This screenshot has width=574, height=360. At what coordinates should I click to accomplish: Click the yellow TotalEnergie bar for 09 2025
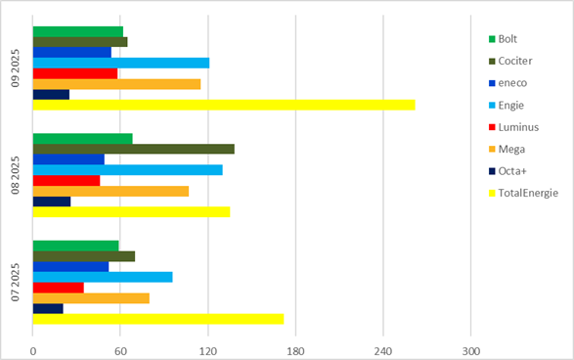[x=224, y=105]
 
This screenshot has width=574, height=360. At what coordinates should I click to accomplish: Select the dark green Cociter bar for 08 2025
[x=133, y=149]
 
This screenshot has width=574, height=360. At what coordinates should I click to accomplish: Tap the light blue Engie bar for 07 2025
[x=103, y=277]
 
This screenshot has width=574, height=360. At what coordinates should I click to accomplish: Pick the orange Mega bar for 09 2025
[x=116, y=84]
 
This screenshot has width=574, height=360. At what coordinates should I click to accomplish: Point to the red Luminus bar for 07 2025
[x=58, y=288]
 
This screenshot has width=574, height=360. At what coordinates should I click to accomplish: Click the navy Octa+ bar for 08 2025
[x=52, y=202]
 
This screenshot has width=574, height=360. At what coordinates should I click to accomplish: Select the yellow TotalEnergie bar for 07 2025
[x=158, y=319]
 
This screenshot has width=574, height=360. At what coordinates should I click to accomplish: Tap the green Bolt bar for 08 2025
[x=82, y=138]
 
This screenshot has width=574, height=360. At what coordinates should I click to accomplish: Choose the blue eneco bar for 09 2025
[x=72, y=52]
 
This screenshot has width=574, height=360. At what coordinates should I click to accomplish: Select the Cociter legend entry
[x=515, y=61]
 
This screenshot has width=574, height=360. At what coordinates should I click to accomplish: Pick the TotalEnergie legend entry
[x=527, y=193]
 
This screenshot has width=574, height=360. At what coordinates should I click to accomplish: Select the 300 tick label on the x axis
[x=471, y=351]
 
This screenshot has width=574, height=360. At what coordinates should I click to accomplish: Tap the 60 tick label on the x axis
[x=120, y=351]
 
